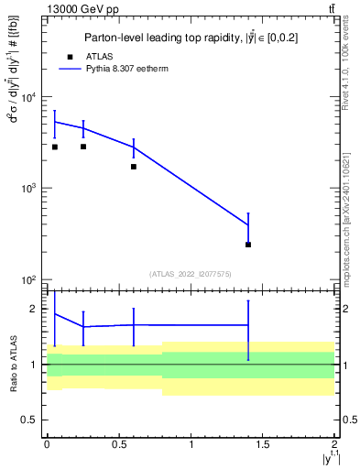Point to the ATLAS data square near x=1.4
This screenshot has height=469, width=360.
click(248, 245)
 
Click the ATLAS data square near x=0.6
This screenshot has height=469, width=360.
click(134, 167)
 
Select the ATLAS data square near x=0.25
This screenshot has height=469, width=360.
click(83, 147)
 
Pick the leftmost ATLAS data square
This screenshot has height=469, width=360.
click(55, 147)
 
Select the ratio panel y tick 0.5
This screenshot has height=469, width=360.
click(34, 420)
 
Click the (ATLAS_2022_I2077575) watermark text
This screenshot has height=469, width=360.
click(191, 273)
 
